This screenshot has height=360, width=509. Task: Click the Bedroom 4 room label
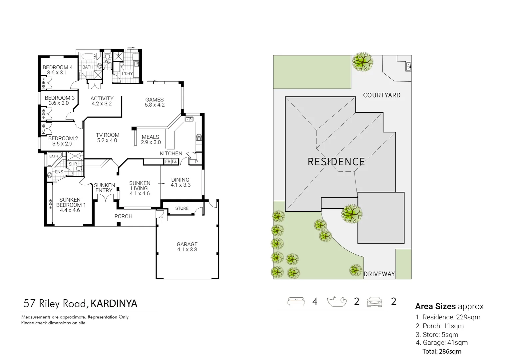[x=57, y=67]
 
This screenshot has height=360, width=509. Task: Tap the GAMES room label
[x=154, y=100]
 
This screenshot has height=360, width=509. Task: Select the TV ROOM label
[x=107, y=135]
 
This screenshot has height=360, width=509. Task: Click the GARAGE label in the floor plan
[x=187, y=244]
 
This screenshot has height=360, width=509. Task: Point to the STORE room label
[x=182, y=208]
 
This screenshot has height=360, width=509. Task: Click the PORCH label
[x=123, y=216]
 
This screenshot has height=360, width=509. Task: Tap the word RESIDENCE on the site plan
[x=336, y=162]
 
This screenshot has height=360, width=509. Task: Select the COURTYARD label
[x=382, y=95]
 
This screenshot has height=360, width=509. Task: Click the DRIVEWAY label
[x=379, y=274]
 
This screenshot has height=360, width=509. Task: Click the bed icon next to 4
[x=296, y=301]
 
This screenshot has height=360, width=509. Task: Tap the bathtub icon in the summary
[x=337, y=301]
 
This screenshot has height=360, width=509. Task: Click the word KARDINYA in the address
[x=114, y=304]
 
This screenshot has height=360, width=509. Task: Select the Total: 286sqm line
[x=442, y=351]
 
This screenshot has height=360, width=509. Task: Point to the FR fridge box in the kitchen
[x=168, y=161]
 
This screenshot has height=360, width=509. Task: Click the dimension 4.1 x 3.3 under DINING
[x=181, y=185]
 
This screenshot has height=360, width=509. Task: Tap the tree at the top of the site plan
[x=362, y=61]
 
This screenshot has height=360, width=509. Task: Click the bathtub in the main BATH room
[x=88, y=56]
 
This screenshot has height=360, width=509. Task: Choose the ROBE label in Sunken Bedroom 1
[x=51, y=204]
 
